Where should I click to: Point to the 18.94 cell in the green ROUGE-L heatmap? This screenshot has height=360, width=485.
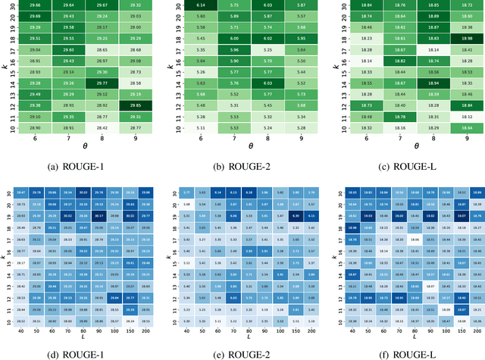[422, 83]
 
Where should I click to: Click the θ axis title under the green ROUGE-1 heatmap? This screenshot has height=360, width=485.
[80, 146]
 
